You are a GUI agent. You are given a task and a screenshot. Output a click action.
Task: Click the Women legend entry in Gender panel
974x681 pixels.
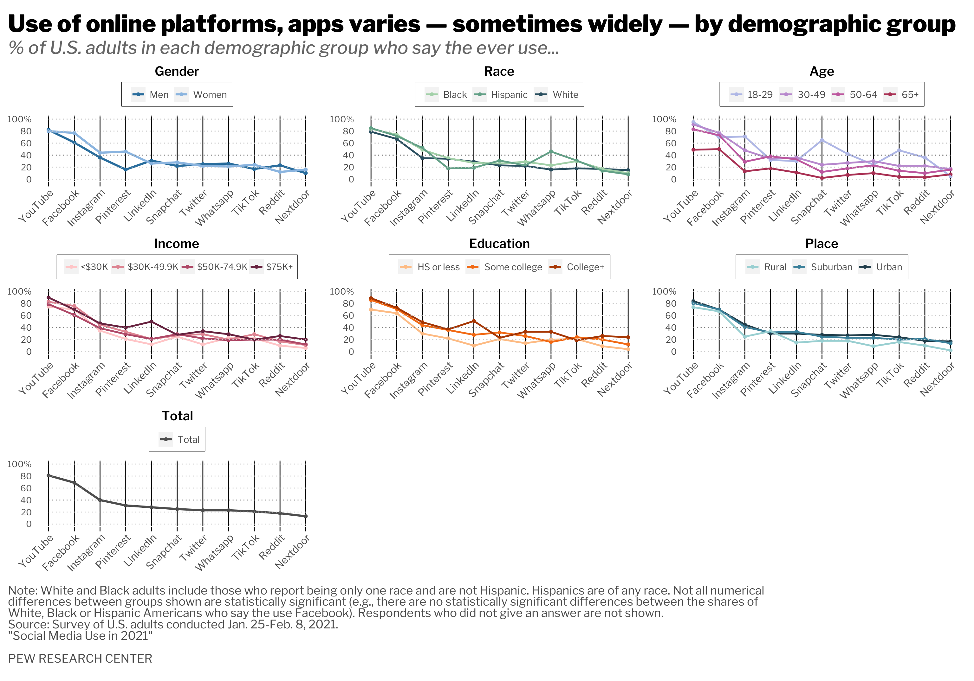pyautogui.click(x=210, y=94)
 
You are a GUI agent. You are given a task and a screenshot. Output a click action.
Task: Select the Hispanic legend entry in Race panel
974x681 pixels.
pyautogui.click(x=509, y=94)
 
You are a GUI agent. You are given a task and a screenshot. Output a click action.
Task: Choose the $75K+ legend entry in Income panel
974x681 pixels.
pyautogui.click(x=279, y=267)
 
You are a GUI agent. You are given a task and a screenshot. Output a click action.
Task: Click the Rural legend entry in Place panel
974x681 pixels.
pyautogui.click(x=775, y=267)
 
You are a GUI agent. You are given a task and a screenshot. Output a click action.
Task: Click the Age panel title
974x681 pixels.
pyautogui.click(x=821, y=71)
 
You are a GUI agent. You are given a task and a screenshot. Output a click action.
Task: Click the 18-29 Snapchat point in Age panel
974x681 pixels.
pyautogui.click(x=822, y=140)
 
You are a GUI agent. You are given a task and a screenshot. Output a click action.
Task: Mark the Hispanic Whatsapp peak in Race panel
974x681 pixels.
pyautogui.click(x=551, y=151)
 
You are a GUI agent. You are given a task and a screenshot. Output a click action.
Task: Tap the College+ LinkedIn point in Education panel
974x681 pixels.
pyautogui.click(x=473, y=321)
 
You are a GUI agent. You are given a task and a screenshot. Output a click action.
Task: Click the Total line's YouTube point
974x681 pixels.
pyautogui.click(x=49, y=475)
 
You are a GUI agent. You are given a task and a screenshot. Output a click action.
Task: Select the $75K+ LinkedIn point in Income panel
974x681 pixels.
pyautogui.click(x=151, y=321)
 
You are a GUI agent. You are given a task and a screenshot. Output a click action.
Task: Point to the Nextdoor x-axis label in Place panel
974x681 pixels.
pyautogui.click(x=937, y=379)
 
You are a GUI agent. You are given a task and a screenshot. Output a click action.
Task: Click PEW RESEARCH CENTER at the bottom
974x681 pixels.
pyautogui.click(x=80, y=659)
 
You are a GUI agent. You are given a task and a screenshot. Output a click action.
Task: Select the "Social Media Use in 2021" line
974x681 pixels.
pyautogui.click(x=80, y=636)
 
